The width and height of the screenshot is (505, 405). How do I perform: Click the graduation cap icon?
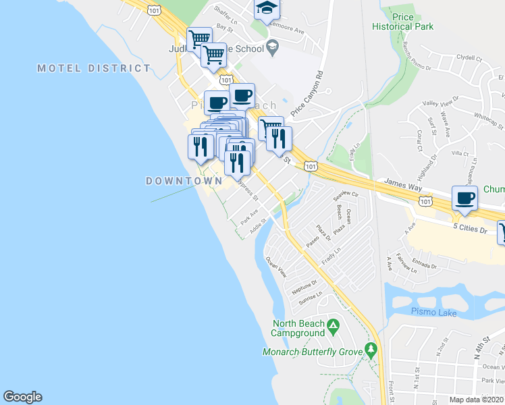pyautogui.click(x=267, y=9)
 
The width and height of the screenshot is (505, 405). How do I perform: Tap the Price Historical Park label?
pyautogui.click(x=402, y=22)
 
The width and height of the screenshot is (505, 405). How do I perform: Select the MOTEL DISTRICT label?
pyautogui.click(x=94, y=68)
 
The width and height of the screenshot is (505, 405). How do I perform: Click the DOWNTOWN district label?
pyautogui.click(x=184, y=181)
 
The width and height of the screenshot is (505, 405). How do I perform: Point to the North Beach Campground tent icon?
pyautogui.click(x=333, y=327)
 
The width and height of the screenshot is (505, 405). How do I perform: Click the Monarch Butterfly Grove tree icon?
pyautogui.click(x=370, y=350)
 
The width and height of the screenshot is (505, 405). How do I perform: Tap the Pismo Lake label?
pyautogui.click(x=433, y=313)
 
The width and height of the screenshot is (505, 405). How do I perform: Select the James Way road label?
pyautogui.click(x=402, y=182)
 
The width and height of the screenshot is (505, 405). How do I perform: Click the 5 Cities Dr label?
pyautogui.click(x=471, y=230)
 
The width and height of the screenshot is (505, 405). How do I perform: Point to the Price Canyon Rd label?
pyautogui.click(x=308, y=94)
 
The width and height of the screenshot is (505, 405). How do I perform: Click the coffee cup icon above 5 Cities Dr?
pyautogui.click(x=464, y=198)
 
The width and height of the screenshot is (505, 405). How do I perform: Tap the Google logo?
pyautogui.click(x=22, y=397)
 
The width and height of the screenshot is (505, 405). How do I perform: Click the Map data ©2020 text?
pyautogui.click(x=477, y=400)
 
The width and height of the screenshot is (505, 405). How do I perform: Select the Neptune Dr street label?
pyautogui.click(x=304, y=287)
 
